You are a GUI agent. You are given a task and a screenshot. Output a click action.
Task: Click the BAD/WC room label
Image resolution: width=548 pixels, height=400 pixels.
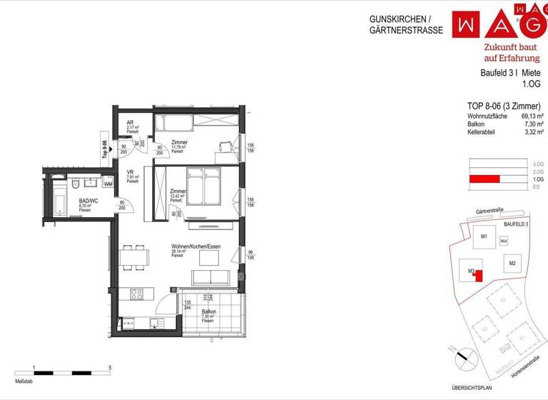click(x=88, y=201)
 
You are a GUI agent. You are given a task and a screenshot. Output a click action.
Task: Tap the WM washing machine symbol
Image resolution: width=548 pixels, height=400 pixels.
click(x=108, y=184)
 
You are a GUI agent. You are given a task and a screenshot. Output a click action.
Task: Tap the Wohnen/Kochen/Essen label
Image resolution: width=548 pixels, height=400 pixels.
click(x=196, y=246)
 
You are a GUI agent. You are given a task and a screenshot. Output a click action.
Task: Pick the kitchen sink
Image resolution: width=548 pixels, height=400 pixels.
click(x=130, y=324)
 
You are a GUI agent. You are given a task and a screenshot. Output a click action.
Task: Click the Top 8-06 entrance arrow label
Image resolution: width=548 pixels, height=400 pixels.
click(x=104, y=144)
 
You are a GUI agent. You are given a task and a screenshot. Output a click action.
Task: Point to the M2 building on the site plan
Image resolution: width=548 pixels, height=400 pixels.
click(x=512, y=264)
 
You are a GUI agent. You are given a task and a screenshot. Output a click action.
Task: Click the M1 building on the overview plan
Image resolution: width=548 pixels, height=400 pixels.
click(x=483, y=236)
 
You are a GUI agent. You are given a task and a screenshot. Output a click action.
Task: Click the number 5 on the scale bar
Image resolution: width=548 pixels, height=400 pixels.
click(x=108, y=367)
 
